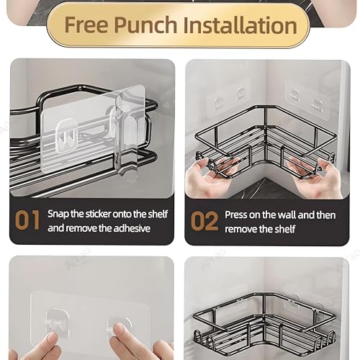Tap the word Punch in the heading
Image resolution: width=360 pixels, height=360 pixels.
click(x=146, y=24)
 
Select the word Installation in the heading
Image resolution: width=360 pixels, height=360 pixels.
click(x=240, y=24)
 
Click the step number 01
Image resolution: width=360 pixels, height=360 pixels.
click(x=27, y=220)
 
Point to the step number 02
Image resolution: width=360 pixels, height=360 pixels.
click(x=204, y=221)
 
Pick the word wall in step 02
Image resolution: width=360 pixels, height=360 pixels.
click(x=287, y=215)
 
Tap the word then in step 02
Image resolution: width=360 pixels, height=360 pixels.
click(x=326, y=215)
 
